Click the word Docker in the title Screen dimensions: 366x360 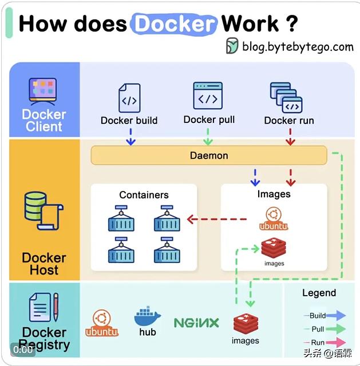[174, 24]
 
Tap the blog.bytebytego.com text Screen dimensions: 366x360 [297, 46]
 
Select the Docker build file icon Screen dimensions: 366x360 [129, 98]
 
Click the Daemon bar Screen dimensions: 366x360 [209, 155]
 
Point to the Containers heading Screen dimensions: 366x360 [144, 195]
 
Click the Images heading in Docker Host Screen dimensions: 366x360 [274, 194]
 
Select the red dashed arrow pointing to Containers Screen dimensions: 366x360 [217, 218]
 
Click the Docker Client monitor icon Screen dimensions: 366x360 [43, 90]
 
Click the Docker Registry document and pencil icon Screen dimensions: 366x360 [43, 307]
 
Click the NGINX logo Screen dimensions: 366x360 [196, 323]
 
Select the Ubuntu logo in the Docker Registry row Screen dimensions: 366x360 [102, 323]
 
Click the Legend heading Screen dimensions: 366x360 [319, 293]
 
